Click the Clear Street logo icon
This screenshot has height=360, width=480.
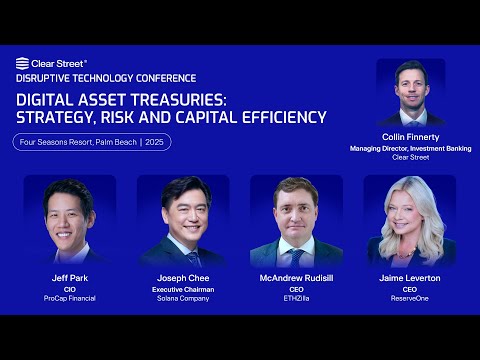21,63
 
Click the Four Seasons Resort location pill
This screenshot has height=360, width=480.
92,142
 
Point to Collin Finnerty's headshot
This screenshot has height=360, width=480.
410,93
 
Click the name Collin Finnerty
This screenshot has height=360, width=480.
410,138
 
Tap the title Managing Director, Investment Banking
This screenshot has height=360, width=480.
410,148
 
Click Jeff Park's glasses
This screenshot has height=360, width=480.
69,210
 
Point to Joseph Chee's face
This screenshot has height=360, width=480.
184,215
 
